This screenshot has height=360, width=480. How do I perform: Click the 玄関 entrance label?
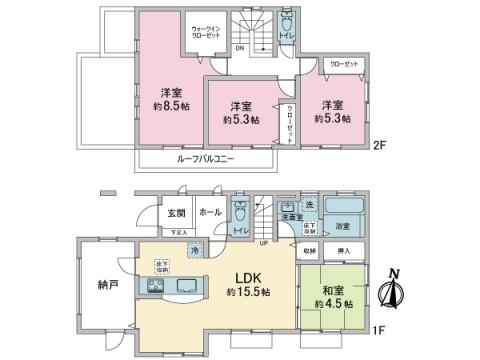176,212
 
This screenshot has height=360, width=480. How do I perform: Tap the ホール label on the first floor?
210,212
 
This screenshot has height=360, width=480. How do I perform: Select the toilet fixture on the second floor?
286,23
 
